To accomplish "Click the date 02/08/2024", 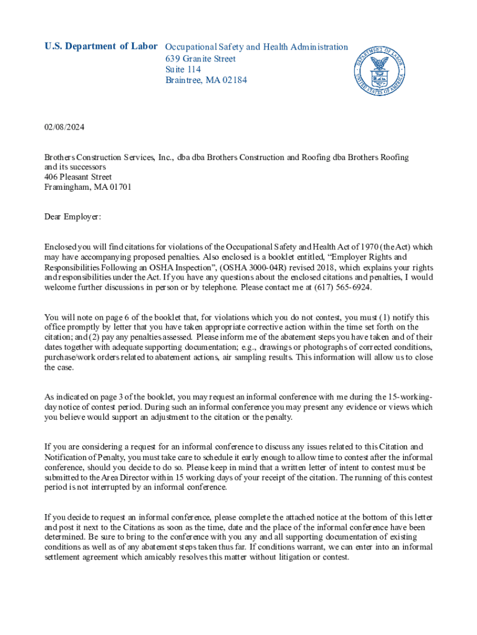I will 64,127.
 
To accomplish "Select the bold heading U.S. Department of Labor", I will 101,47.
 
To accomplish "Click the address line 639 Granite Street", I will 200,58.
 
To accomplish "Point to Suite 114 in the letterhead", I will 183,69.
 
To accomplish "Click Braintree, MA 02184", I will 206,81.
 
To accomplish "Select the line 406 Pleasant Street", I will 78,177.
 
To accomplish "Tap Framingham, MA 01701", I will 88,187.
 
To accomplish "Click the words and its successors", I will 75,167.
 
